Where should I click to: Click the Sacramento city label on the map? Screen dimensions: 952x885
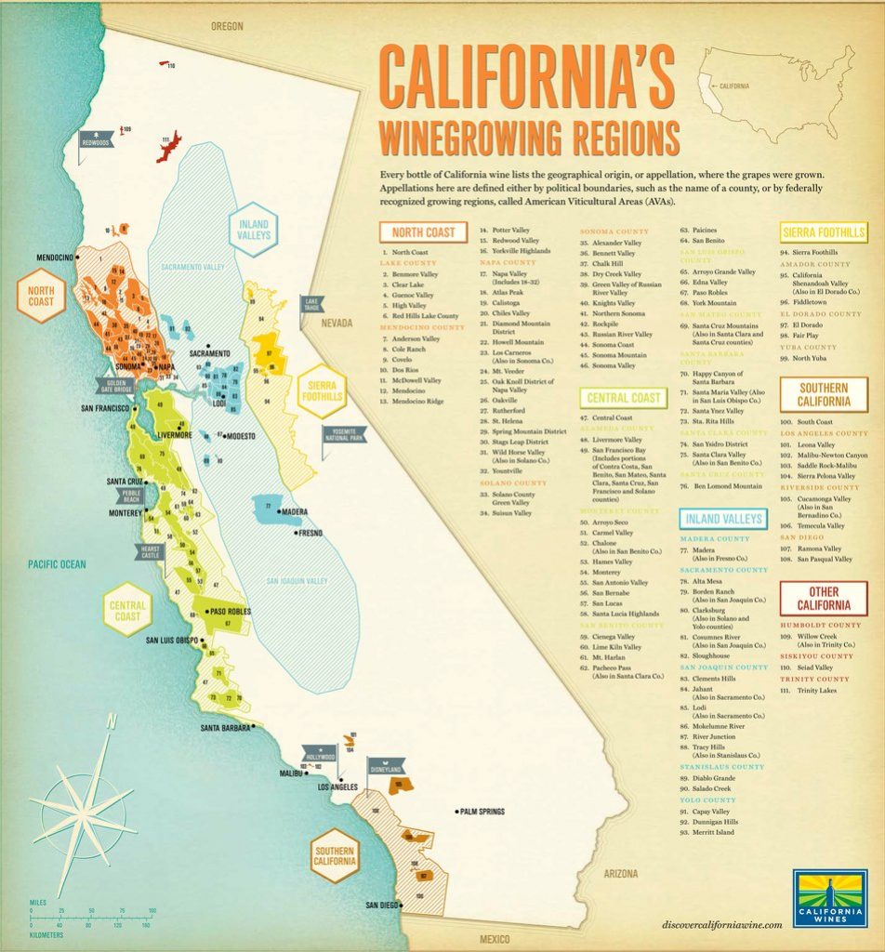(209, 354)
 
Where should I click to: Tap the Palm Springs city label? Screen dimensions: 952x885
(482, 812)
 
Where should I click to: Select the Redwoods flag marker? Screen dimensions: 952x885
(96, 143)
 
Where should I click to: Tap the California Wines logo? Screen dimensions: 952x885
(830, 899)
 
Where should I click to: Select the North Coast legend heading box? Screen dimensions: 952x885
(423, 231)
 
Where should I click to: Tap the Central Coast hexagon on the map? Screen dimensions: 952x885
(127, 610)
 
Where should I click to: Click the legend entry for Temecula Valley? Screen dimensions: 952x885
(819, 525)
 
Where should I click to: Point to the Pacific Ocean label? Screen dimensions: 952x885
(56, 564)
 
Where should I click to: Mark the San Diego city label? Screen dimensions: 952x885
(382, 905)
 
